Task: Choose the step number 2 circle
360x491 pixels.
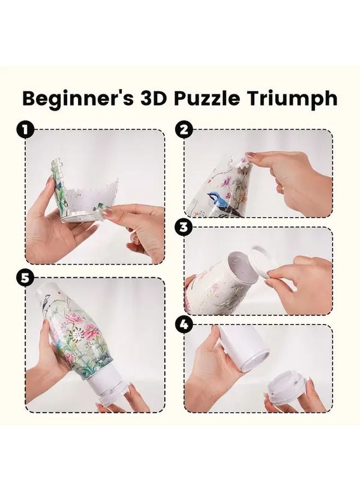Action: tap(184, 130)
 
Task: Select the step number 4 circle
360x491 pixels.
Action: tap(184, 324)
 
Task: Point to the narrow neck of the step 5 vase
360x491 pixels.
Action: tap(49, 297)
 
